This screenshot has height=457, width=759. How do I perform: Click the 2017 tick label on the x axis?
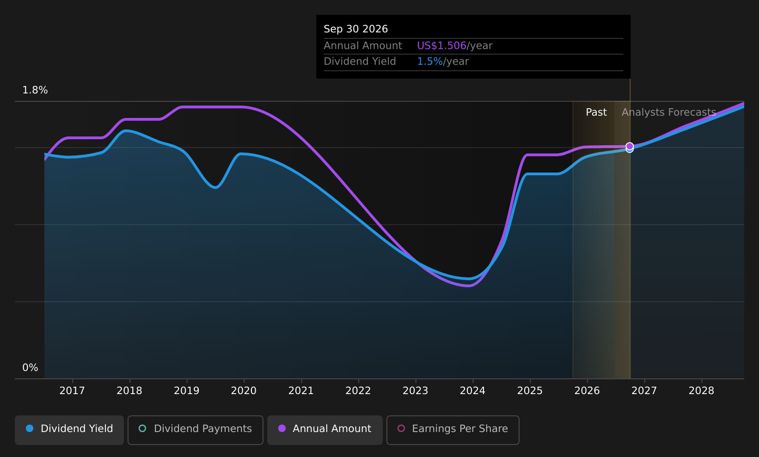coord(72,391)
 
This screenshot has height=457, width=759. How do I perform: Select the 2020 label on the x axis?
coord(244,391)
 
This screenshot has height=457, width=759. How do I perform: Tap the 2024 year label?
coord(473,391)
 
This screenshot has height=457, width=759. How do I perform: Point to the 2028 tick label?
coord(701,391)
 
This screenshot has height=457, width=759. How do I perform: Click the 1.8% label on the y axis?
coord(35,90)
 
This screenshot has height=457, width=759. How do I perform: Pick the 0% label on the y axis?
coord(30,368)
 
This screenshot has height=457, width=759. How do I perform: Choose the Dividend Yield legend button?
coord(69,430)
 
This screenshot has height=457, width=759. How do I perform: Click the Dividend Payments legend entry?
coord(196,430)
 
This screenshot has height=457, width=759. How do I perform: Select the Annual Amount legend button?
coord(324,430)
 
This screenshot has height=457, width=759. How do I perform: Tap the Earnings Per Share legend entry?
coord(453,430)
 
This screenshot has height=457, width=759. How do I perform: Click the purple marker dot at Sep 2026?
coord(630,146)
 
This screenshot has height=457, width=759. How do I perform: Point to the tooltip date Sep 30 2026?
coord(356,29)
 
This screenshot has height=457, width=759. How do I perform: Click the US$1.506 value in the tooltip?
coord(441,45)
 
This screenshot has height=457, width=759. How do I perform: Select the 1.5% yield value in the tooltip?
coord(429,62)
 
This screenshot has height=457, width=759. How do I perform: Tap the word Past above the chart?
coord(596,112)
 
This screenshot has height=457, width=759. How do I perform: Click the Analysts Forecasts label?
coord(669,112)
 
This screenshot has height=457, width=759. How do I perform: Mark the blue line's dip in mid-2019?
coord(215,187)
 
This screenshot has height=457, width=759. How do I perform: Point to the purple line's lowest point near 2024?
coord(469,286)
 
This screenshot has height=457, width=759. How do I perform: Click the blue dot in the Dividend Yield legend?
coord(30,428)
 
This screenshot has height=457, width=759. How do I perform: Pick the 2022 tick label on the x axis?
coord(358,391)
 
